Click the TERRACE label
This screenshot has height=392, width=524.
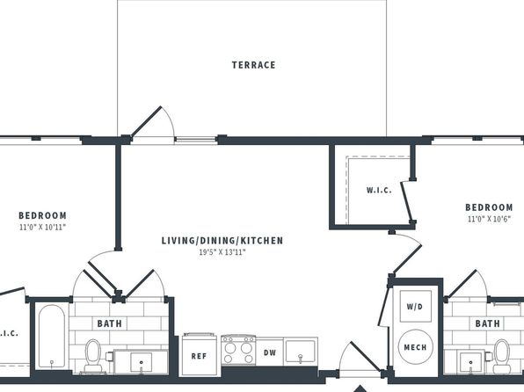coord(253,65)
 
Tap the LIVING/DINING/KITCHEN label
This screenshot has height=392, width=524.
coord(222,241)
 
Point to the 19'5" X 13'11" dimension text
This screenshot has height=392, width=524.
coord(222,252)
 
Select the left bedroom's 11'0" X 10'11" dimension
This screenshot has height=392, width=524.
coord(42,228)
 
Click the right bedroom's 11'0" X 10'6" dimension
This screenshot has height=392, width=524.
coord(489,219)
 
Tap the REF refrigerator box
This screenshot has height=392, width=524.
coord(200,355)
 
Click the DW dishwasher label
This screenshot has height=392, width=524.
coord(270,352)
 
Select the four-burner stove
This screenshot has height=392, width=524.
coord(238,351)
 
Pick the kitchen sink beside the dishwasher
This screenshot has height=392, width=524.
coord(301,352)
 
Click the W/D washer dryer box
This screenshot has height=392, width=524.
coord(415,306)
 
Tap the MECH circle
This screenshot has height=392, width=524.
coord(415,347)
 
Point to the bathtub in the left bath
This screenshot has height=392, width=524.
coord(52,337)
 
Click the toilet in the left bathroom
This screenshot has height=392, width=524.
coord(93,355)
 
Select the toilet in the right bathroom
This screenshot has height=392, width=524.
coord(502,355)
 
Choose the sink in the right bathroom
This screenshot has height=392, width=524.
coord(471,362)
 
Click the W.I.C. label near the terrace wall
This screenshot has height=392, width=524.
coord(379,190)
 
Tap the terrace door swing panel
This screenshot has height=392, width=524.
coord(147,121)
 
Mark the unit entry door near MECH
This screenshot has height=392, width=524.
coord(366,356)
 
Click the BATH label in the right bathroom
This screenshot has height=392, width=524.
coord(488,323)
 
